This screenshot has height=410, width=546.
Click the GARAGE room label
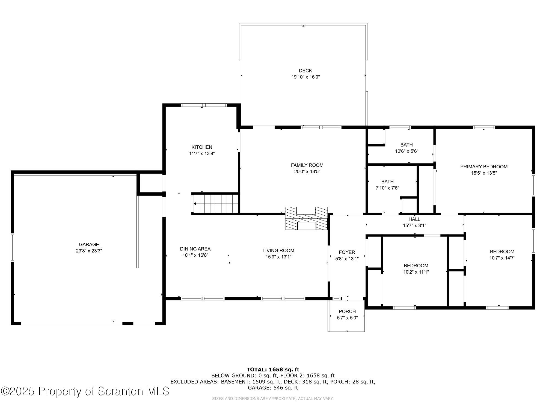click(89, 245)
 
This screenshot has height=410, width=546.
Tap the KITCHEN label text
click(202, 147)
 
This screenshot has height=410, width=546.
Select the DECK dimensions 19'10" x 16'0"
click(305, 77)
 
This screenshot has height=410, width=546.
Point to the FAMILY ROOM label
click(307, 165)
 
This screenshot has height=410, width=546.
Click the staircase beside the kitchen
click(216, 203)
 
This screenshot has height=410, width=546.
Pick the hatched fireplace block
click(306, 218)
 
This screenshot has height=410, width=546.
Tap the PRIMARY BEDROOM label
click(484, 167)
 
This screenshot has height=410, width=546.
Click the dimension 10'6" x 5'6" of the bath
click(406, 151)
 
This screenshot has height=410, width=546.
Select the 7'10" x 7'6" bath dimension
click(387, 188)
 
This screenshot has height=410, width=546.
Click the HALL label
click(414, 219)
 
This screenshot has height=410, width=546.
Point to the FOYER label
click(347, 252)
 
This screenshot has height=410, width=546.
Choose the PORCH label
click(347, 311)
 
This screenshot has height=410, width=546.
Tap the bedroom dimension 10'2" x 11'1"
click(416, 272)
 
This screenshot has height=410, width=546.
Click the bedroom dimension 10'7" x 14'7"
click(502, 258)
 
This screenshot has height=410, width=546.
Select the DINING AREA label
click(195, 249)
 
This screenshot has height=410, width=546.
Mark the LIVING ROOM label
click(278, 250)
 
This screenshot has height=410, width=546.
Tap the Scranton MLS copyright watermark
click(85, 391)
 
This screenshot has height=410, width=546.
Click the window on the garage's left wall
click(12, 248)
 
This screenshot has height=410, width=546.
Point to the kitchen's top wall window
click(204, 105)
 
